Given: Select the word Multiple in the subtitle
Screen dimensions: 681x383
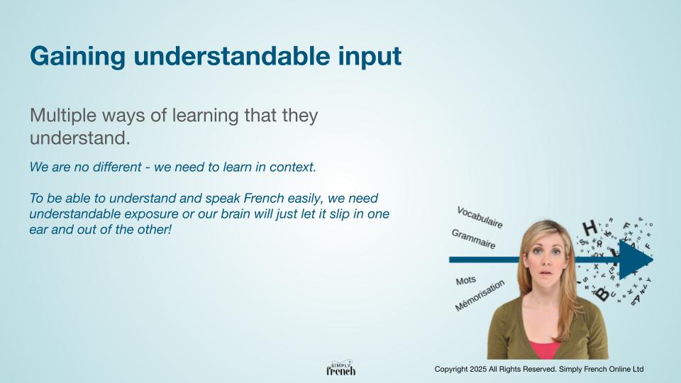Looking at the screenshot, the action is tap(63, 116).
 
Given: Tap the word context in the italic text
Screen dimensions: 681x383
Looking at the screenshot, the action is tap(293, 167).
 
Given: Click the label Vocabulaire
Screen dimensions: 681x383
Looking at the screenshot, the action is tap(480, 217).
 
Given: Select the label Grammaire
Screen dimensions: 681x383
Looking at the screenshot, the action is tap(473, 239).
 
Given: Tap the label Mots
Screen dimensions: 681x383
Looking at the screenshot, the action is tap(466, 281).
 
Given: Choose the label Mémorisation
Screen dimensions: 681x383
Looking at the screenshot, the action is tap(480, 295).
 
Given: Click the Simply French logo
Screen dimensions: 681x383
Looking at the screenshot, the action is tap(341, 368).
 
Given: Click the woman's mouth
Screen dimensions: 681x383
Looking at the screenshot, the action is tap(546, 273).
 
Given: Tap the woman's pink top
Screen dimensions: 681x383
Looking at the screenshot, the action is tap(544, 350).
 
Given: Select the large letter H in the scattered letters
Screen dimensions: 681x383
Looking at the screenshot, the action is tap(589, 228).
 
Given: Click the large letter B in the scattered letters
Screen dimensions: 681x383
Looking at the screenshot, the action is tap(602, 294).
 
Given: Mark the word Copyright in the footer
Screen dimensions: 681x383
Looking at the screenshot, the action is tap(451, 370).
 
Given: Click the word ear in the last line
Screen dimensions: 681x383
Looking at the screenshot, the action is tap(38, 230).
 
